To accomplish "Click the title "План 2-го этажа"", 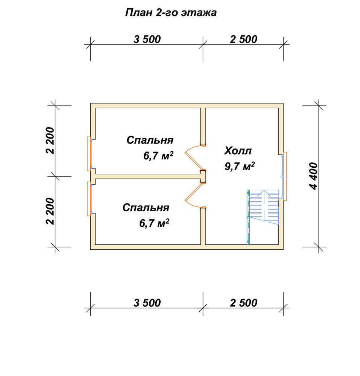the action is tap(171, 13).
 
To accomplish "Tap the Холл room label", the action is tap(238, 151).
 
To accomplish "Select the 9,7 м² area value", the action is tap(239, 166).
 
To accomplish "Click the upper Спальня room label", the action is tap(150, 140).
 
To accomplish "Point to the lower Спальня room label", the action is tap(146, 208).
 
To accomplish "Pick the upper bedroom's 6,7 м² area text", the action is tap(158, 156).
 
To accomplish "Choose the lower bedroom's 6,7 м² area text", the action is tap(154, 223).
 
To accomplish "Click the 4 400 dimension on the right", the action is tap(314, 176).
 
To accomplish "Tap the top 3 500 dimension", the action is tap(147, 39).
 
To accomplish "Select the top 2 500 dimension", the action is tap(243, 39).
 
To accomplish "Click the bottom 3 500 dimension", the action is tap(147, 303).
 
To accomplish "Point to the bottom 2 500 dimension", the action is tap(243, 303).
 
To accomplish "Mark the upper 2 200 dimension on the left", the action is tap(50, 141).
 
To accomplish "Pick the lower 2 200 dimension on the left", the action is tap(50, 211).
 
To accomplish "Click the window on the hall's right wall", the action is tap(284, 176).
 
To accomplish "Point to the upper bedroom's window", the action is tap(90, 154).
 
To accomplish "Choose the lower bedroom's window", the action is tap(90, 199).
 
